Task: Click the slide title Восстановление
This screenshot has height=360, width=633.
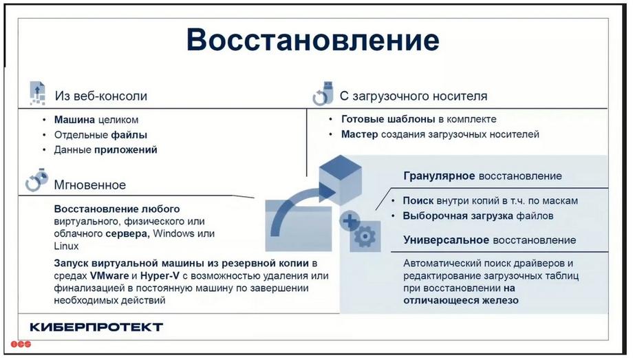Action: tap(313, 40)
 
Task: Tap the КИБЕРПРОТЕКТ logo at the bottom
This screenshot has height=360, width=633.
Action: tap(96, 327)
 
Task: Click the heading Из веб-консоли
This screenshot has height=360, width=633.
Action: tap(101, 96)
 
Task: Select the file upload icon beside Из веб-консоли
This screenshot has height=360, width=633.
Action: tap(38, 94)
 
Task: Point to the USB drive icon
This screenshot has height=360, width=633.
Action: tap(323, 94)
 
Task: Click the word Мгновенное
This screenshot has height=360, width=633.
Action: tap(90, 185)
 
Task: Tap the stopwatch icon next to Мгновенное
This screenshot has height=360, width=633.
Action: tap(36, 180)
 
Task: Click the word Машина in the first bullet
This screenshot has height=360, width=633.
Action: tap(75, 120)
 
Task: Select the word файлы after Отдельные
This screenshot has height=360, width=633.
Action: tap(129, 135)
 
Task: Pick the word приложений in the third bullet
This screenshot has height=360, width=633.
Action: tap(125, 150)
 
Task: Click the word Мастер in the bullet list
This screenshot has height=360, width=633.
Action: tap(360, 134)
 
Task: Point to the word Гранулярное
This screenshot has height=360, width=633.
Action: tap(439, 176)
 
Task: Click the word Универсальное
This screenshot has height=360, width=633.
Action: tap(447, 240)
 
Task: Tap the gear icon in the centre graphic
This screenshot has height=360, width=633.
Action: tap(365, 236)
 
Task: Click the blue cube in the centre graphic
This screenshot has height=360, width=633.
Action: tap(341, 180)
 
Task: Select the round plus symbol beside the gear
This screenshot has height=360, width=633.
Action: tap(350, 221)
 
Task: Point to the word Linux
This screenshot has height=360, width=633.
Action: tap(66, 246)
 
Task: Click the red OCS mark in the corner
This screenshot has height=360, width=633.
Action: tap(21, 344)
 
